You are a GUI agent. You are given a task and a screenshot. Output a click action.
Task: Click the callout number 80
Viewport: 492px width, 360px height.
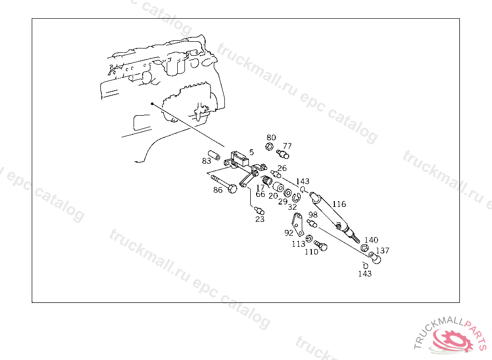(271, 137)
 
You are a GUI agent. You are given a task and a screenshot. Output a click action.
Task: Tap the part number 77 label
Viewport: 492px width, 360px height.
(287, 146)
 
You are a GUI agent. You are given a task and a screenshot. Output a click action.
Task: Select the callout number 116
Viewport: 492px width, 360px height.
(339, 204)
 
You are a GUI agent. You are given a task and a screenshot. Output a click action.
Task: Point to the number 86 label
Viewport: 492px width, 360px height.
(218, 190)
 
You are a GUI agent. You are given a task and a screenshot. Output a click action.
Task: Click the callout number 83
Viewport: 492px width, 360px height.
(207, 161)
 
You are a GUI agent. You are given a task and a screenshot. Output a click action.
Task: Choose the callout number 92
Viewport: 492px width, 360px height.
(289, 233)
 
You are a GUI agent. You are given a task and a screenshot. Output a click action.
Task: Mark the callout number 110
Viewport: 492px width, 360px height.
(311, 252)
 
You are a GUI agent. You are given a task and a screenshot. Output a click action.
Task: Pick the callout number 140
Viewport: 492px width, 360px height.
(371, 240)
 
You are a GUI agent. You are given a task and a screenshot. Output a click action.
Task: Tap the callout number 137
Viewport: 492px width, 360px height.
(382, 251)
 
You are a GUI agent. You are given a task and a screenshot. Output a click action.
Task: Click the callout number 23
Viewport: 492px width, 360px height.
(260, 219)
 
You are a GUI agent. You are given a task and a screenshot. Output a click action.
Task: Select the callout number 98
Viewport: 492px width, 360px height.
(313, 215)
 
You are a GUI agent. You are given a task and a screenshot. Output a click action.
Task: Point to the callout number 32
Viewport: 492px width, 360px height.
(292, 207)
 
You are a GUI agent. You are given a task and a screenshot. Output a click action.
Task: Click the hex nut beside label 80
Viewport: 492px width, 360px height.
(269, 146)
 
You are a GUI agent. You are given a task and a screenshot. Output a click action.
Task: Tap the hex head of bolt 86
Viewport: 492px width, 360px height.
(232, 189)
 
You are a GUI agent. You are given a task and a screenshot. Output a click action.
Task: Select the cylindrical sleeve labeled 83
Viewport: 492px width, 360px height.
(214, 155)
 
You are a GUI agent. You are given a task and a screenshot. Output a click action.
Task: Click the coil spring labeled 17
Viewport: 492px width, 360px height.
(267, 180)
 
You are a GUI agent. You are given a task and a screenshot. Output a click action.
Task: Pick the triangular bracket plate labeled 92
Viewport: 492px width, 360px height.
(298, 224)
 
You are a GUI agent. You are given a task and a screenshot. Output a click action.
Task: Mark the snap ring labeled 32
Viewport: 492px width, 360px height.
(296, 198)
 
